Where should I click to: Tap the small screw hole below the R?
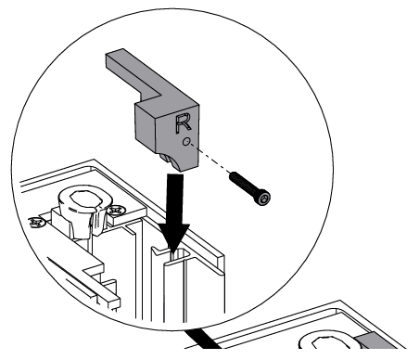pyautogui.click(x=187, y=141)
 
